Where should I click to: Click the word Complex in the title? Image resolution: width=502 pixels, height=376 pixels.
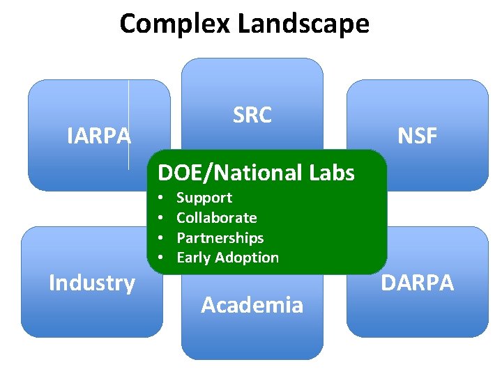(x=175, y=24)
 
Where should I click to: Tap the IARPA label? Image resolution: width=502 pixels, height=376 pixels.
(x=99, y=136)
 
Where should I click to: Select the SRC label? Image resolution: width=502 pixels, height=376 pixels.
(x=252, y=115)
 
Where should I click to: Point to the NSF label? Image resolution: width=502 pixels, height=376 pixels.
(x=417, y=136)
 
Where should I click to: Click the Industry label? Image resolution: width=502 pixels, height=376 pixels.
(x=91, y=283)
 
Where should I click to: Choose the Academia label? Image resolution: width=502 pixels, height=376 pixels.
(x=252, y=304)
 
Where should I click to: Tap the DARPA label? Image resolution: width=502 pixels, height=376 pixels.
(x=417, y=283)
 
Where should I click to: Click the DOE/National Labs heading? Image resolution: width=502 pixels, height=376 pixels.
(x=257, y=172)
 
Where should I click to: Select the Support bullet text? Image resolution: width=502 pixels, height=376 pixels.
(x=204, y=198)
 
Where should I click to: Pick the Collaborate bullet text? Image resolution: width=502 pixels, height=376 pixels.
(x=216, y=218)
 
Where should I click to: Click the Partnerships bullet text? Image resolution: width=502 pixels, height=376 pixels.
(x=220, y=237)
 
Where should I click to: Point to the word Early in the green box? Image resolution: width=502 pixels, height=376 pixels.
(x=193, y=258)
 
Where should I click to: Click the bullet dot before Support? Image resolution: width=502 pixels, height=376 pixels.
(x=160, y=198)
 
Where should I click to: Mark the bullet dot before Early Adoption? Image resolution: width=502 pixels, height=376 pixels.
(x=160, y=258)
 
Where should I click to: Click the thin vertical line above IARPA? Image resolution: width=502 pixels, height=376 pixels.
(x=129, y=104)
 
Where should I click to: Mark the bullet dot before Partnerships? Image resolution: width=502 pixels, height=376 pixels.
(x=160, y=238)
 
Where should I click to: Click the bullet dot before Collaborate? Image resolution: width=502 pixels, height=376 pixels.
(x=160, y=219)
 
